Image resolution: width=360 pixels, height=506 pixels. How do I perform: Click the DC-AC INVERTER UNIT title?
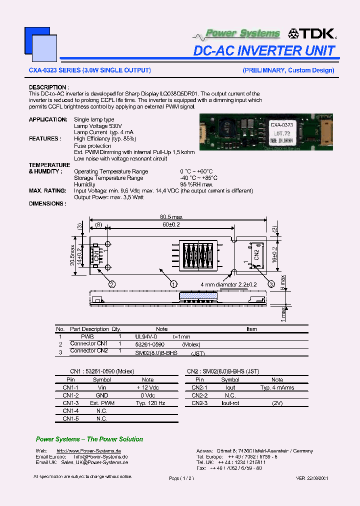coord(264,50)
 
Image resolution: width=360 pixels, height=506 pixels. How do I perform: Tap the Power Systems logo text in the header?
coord(242,33)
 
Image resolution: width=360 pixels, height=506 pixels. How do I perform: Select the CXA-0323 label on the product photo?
coord(281,125)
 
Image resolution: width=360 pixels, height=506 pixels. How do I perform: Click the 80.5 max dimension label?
coord(171,217)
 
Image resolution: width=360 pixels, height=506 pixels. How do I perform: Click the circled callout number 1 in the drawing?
coord(173,283)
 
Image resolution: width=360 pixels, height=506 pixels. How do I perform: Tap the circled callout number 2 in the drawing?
coord(112,284)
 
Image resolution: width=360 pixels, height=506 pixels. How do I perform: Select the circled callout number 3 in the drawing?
coord(271,284)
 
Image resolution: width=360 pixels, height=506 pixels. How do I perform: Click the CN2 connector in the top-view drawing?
coord(254,254)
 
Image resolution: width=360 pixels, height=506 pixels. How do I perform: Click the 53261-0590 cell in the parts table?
coord(150,344)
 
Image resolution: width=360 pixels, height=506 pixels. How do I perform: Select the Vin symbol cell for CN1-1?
coord(101,387)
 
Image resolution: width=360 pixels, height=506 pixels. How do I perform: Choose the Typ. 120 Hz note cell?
coord(148,402)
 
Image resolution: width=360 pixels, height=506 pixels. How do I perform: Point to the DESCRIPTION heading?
coord(48,87)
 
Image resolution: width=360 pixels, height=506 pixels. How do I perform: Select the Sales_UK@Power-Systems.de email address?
coord(94,462)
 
